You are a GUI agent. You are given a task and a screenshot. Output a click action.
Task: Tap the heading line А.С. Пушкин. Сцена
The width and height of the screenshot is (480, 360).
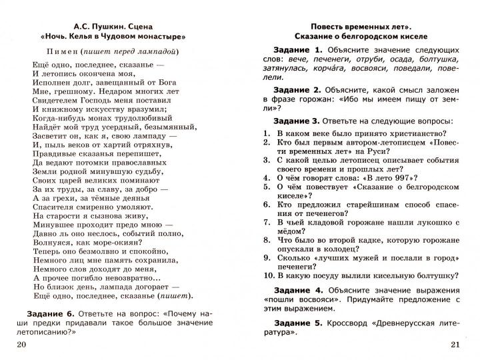tap(109, 23)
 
